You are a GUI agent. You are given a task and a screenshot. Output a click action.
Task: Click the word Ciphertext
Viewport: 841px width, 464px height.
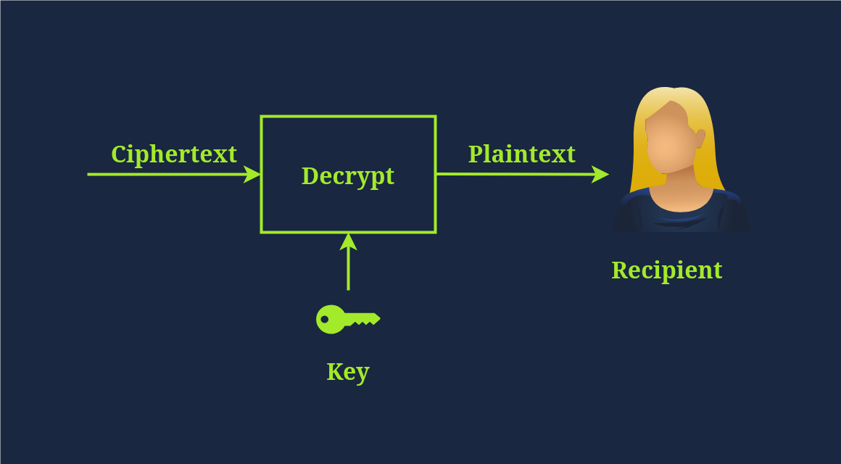173,154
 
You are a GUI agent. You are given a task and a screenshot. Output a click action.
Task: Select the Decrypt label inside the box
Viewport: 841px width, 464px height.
348,176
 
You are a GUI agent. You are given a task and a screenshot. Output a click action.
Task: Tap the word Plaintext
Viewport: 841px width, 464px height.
521,154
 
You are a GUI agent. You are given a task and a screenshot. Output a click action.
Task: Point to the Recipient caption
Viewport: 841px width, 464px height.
666,270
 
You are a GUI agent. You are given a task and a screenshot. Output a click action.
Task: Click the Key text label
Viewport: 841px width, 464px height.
348,372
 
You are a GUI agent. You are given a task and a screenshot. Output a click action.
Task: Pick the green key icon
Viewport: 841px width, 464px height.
347,319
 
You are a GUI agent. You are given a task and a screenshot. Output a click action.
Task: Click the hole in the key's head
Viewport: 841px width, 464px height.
325,319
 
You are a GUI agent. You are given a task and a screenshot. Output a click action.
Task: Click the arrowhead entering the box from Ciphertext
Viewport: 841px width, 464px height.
252,174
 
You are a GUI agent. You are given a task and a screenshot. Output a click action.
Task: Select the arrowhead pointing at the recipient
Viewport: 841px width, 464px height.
600,174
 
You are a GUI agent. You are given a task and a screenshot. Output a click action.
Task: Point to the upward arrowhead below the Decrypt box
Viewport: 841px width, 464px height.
348,241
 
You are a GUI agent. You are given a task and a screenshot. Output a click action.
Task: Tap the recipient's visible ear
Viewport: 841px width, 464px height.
700,138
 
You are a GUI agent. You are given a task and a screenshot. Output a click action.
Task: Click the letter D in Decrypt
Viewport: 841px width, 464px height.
310,175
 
